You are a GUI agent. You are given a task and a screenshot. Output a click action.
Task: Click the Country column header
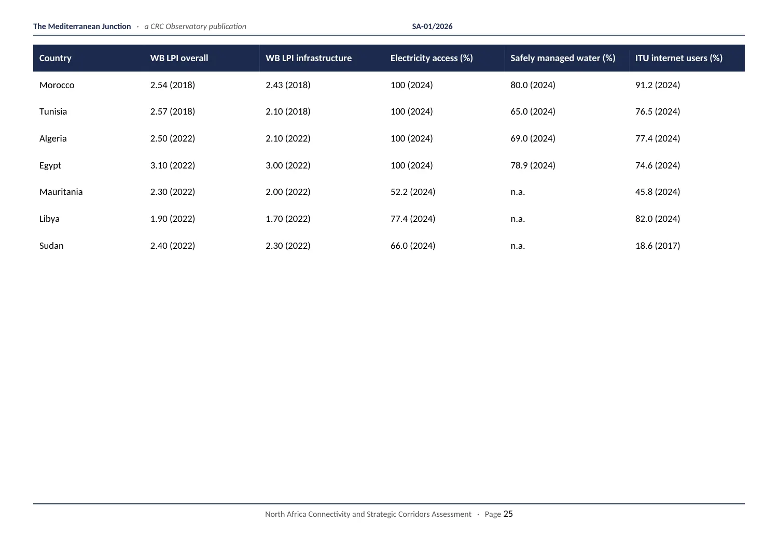pyautogui.click(x=55, y=58)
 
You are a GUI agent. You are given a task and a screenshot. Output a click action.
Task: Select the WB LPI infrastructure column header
pyautogui.click(x=309, y=58)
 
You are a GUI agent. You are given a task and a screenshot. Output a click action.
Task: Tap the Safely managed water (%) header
pyautogui.click(x=563, y=58)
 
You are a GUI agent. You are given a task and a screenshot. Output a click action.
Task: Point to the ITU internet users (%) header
pyautogui.click(x=678, y=58)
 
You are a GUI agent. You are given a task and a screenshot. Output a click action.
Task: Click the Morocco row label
pyautogui.click(x=57, y=85)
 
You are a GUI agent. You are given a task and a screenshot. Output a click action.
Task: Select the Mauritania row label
pyautogui.click(x=61, y=192)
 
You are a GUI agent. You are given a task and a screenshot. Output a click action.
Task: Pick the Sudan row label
pyautogui.click(x=51, y=246)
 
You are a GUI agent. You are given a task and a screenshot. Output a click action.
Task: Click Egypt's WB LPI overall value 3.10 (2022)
pyautogui.click(x=173, y=165)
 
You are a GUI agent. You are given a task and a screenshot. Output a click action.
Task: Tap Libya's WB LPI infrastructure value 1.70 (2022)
pyautogui.click(x=288, y=219)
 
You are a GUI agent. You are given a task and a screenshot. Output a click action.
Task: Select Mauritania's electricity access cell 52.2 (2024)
pyautogui.click(x=413, y=192)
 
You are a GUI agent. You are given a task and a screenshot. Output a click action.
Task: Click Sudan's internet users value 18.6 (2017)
pyautogui.click(x=658, y=246)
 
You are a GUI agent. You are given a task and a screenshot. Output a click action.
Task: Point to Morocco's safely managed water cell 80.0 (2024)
pyautogui.click(x=533, y=85)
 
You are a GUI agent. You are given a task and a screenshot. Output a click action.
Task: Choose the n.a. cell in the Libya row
pyautogui.click(x=518, y=219)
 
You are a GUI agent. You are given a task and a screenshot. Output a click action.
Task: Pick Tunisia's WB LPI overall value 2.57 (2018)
pyautogui.click(x=173, y=111)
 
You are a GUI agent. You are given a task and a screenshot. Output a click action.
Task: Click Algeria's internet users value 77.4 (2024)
pyautogui.click(x=658, y=138)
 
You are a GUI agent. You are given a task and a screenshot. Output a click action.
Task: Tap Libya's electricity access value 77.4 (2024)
pyautogui.click(x=413, y=219)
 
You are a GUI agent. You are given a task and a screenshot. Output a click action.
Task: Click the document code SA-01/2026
pyautogui.click(x=432, y=26)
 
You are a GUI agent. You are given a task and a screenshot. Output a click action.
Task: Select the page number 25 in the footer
pyautogui.click(x=508, y=514)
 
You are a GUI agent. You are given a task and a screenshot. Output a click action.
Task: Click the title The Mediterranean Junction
pyautogui.click(x=82, y=26)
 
